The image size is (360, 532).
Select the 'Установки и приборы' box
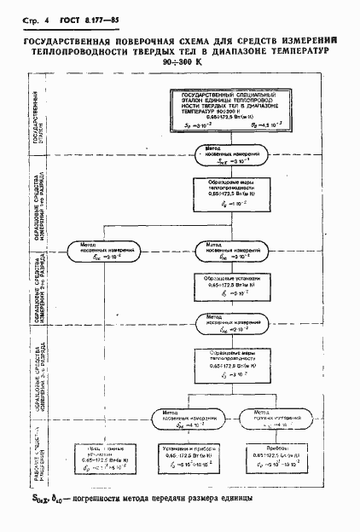coord(189,460)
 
